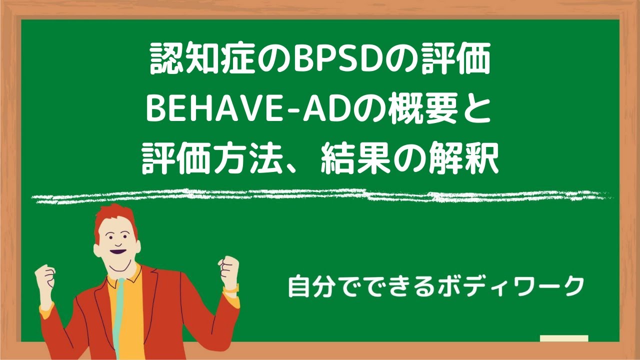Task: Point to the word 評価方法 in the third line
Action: (210, 160)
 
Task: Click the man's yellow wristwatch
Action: (230, 288)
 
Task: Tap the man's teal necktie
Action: (118, 315)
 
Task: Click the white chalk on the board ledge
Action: (564, 338)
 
